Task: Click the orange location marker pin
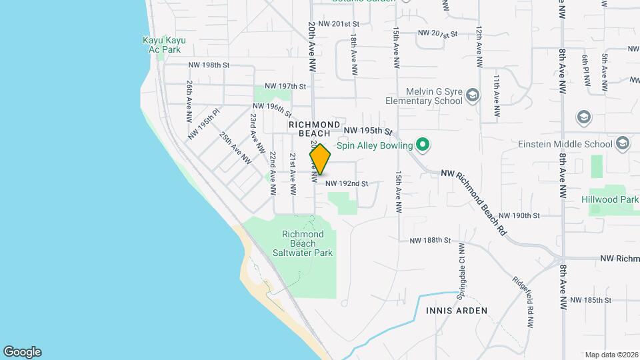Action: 320,159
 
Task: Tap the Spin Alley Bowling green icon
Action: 422,144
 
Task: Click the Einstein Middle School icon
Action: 623,144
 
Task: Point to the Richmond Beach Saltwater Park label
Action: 303,243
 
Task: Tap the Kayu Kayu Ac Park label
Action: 164,45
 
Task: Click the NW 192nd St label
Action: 347,183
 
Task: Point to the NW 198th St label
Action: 209,65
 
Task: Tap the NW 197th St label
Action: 285,87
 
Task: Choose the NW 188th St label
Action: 430,240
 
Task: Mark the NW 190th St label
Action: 518,215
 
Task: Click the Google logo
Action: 22,352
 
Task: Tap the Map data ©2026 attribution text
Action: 611,355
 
